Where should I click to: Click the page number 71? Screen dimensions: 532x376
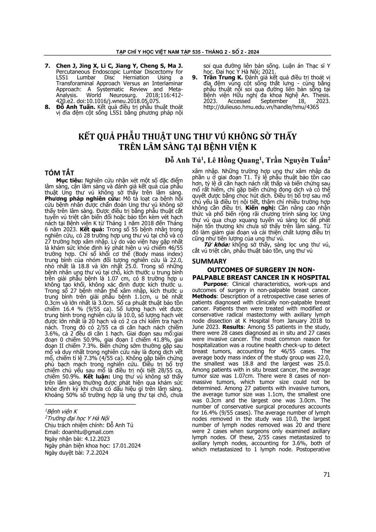(x=327, y=474)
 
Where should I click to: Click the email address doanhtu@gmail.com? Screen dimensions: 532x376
(x=88, y=432)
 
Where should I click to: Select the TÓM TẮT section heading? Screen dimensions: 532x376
(x=59, y=173)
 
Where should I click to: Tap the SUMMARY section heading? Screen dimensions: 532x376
(x=209, y=261)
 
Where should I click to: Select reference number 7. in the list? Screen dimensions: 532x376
(x=48, y=66)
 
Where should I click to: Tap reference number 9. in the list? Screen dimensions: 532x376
(x=195, y=78)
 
